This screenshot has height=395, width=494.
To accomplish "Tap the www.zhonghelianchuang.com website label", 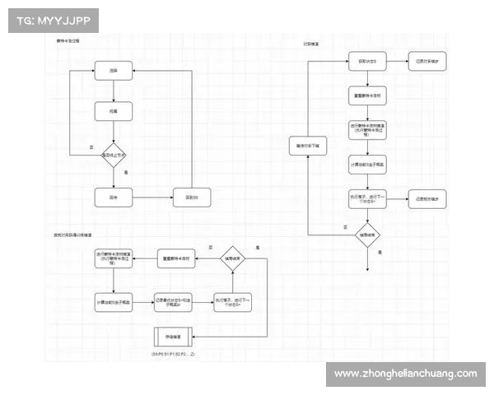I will [405, 374].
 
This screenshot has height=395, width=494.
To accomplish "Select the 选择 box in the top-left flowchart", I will [113, 72].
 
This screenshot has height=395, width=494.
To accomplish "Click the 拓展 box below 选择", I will [113, 111].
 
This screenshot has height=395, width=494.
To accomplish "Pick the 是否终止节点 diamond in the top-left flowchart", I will [113, 155].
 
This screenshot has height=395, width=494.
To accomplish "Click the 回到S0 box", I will [191, 197].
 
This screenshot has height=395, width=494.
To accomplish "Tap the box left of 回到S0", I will [113, 197].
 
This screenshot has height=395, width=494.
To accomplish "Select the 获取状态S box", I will [366, 62].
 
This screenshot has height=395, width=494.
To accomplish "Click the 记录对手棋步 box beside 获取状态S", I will [426, 62].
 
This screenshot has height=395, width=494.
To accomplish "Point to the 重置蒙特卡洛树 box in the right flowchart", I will [366, 95].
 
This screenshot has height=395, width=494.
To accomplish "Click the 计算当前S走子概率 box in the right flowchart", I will [366, 163].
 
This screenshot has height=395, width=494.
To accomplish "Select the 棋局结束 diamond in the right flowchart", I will [366, 234].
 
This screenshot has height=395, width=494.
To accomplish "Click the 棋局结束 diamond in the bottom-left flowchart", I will [232, 258].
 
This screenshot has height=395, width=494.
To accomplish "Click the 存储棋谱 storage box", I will [174, 337].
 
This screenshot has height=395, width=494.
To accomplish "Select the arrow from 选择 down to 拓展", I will [113, 91].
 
